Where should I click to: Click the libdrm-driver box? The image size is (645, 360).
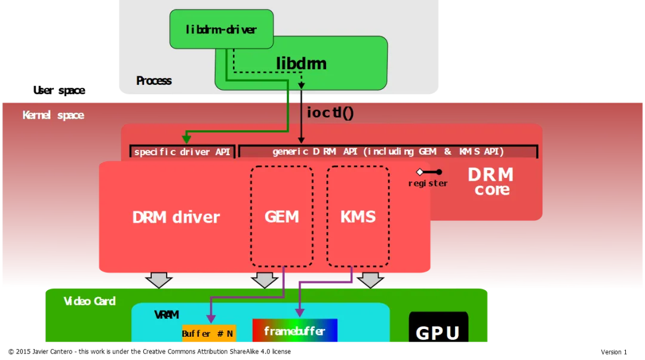click(221, 29)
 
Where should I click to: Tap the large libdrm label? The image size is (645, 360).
click(301, 63)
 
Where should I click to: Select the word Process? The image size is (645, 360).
click(153, 81)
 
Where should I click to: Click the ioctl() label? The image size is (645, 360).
click(330, 112)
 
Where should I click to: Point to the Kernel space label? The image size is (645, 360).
click(53, 115)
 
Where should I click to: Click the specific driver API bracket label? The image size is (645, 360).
click(182, 152)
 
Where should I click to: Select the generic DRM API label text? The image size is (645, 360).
click(388, 152)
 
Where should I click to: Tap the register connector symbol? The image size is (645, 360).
click(430, 172)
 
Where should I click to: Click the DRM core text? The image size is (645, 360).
click(490, 182)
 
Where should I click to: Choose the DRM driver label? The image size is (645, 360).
click(176, 217)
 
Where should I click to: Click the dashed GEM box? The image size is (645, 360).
click(281, 216)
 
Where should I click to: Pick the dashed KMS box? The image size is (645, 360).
click(358, 216)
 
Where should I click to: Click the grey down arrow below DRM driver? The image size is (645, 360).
click(159, 279)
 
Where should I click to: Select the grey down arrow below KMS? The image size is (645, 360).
click(371, 279)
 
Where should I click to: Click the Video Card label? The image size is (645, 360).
click(90, 301)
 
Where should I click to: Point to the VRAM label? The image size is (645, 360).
click(166, 315)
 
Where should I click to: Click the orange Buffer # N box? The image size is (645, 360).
click(208, 334)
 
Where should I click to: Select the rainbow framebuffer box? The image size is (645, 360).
click(294, 331)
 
